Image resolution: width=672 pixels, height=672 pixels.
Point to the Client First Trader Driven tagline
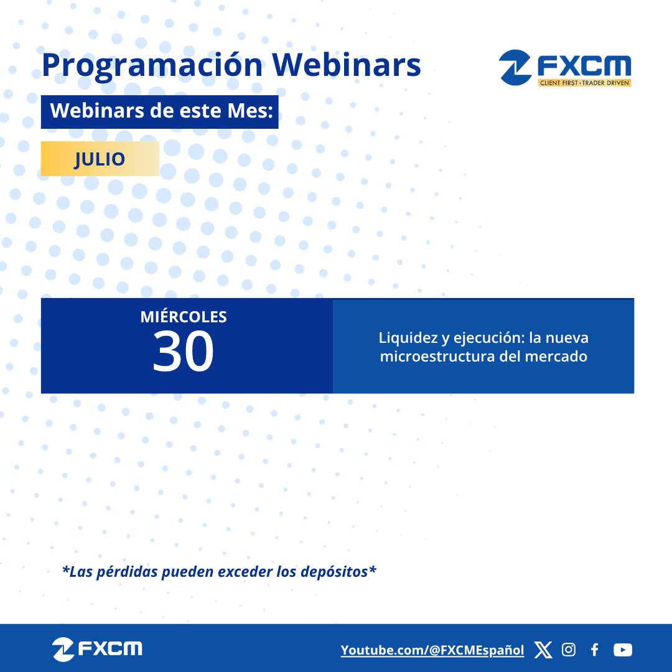point(584,83)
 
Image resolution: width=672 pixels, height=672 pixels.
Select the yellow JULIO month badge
point(100,159)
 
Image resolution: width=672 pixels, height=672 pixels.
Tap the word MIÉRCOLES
point(184,317)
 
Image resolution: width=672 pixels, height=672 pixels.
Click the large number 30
point(184,352)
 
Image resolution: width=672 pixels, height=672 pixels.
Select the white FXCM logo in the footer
point(98,650)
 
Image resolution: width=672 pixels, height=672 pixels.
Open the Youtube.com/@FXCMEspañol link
point(432,650)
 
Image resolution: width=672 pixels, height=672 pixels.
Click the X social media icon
point(543,650)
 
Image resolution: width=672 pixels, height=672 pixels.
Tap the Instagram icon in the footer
point(569,650)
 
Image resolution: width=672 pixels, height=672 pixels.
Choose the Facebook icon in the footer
point(595,650)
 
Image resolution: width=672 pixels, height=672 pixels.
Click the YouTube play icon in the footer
point(622,650)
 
